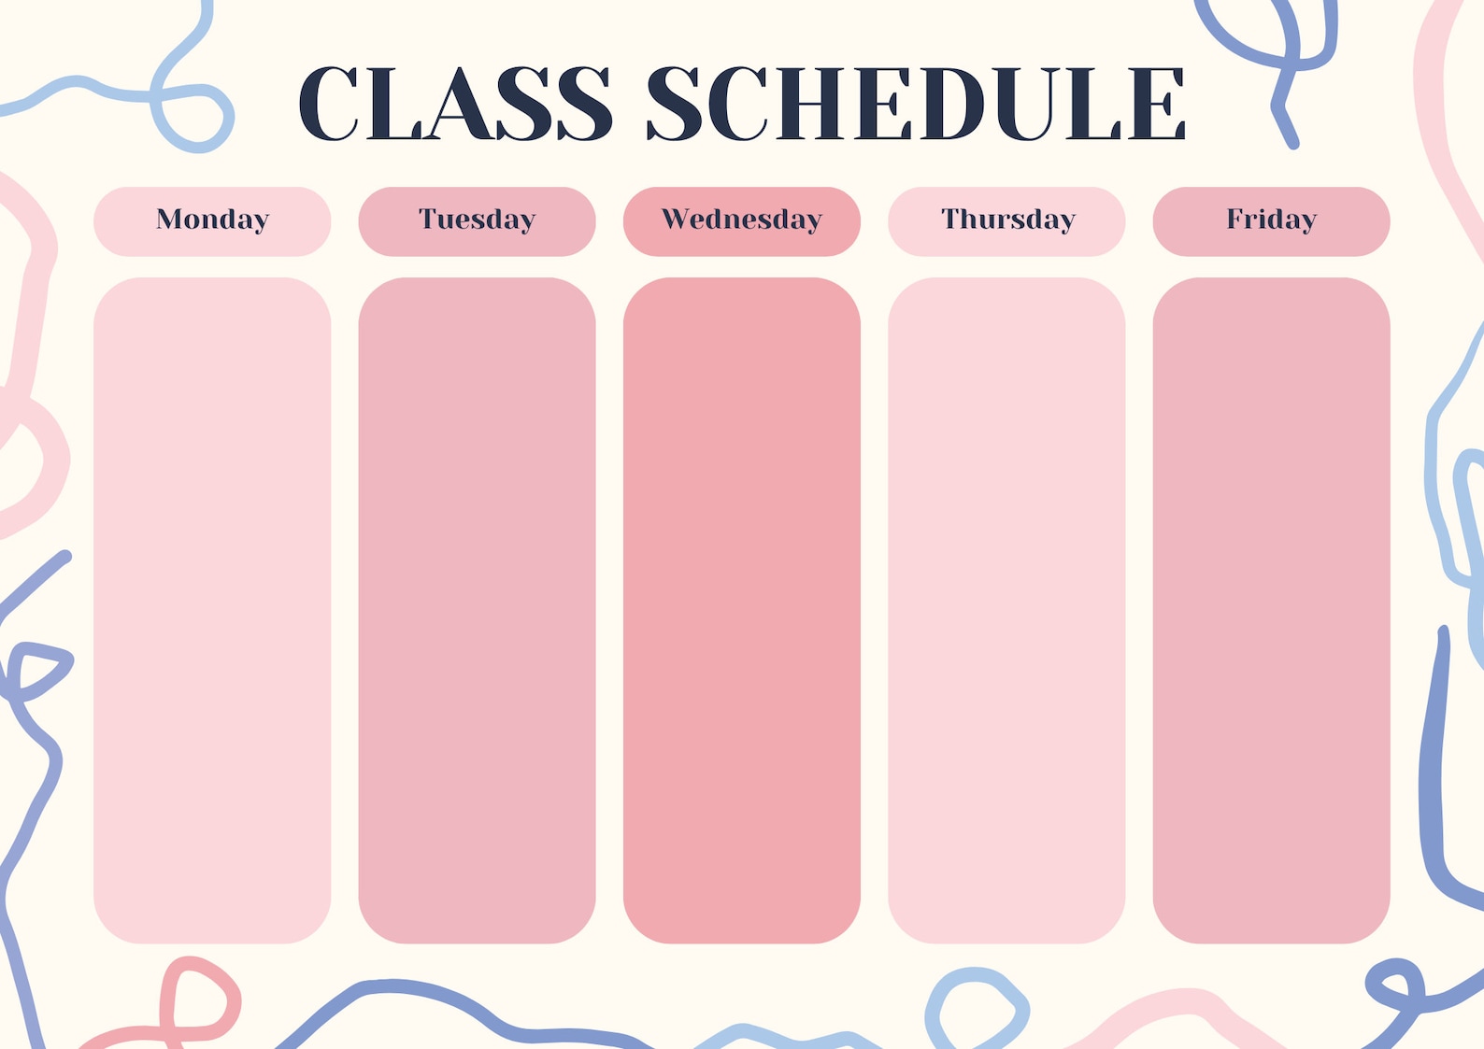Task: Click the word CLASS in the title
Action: pyautogui.click(x=455, y=103)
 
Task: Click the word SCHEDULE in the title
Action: pyautogui.click(x=916, y=103)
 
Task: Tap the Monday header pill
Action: pyautogui.click(x=212, y=221)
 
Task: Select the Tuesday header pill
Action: pyautogui.click(x=477, y=221)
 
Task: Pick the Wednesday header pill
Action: pyautogui.click(x=742, y=221)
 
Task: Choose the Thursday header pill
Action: pyautogui.click(x=1006, y=221)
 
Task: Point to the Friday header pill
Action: pyautogui.click(x=1271, y=221)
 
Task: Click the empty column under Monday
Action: pyautogui.click(x=212, y=610)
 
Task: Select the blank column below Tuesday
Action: pyautogui.click(x=477, y=610)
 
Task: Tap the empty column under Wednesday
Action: pyautogui.click(x=742, y=610)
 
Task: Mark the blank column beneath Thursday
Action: pyautogui.click(x=1006, y=610)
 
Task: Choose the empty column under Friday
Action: pyautogui.click(x=1271, y=610)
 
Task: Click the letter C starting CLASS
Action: pyautogui.click(x=329, y=103)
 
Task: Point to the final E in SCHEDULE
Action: pyautogui.click(x=1156, y=104)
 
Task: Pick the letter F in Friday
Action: pyautogui.click(x=1234, y=218)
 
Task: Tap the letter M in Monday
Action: pyautogui.click(x=171, y=218)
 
